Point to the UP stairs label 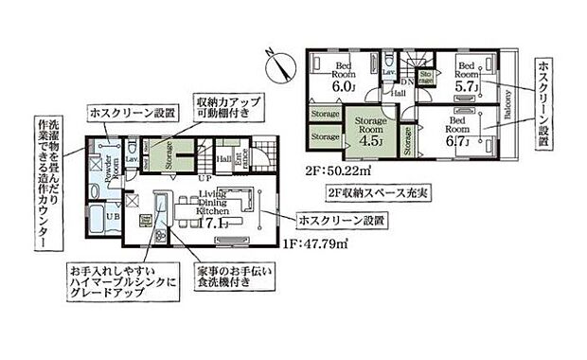pos(205,176)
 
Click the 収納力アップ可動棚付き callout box pos(231,106)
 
